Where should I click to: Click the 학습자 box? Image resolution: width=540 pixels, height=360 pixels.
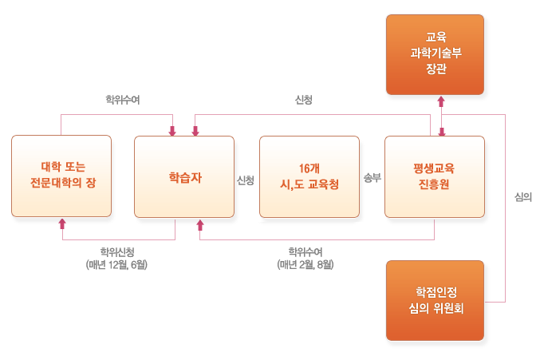pyautogui.click(x=184, y=176)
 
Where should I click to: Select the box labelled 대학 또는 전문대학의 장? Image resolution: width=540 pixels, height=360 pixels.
pyautogui.click(x=61, y=176)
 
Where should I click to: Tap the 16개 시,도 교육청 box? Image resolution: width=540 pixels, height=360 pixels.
pyautogui.click(x=309, y=176)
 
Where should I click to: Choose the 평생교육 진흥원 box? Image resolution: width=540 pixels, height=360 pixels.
pyautogui.click(x=435, y=176)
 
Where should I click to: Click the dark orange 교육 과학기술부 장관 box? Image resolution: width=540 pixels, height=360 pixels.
pyautogui.click(x=435, y=53)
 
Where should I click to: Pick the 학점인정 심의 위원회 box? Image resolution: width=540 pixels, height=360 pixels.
pyautogui.click(x=435, y=299)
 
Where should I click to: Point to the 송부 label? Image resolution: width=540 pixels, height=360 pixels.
pyautogui.click(x=372, y=179)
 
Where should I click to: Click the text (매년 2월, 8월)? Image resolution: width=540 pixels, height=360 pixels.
pyautogui.click(x=305, y=265)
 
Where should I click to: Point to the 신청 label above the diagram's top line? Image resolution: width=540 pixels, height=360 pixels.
pyautogui.click(x=304, y=101)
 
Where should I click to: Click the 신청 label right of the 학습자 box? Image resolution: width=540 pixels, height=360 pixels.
pyautogui.click(x=246, y=180)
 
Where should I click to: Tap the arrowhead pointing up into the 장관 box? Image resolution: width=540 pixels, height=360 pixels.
pyautogui.click(x=439, y=101)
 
